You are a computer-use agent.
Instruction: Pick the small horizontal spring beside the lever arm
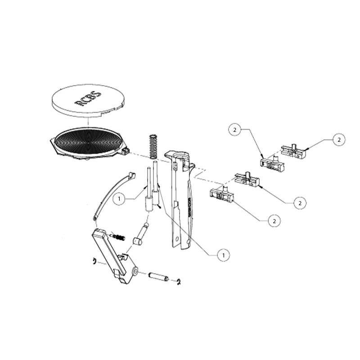pos(118,237)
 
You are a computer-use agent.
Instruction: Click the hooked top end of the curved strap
pos(130,175)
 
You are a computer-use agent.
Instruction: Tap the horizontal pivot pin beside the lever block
pos(157,276)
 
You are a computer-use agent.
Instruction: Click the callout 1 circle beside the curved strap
pos(119,198)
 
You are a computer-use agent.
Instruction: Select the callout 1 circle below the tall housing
pos(222,255)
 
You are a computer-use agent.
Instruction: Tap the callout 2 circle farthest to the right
pos(339,139)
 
